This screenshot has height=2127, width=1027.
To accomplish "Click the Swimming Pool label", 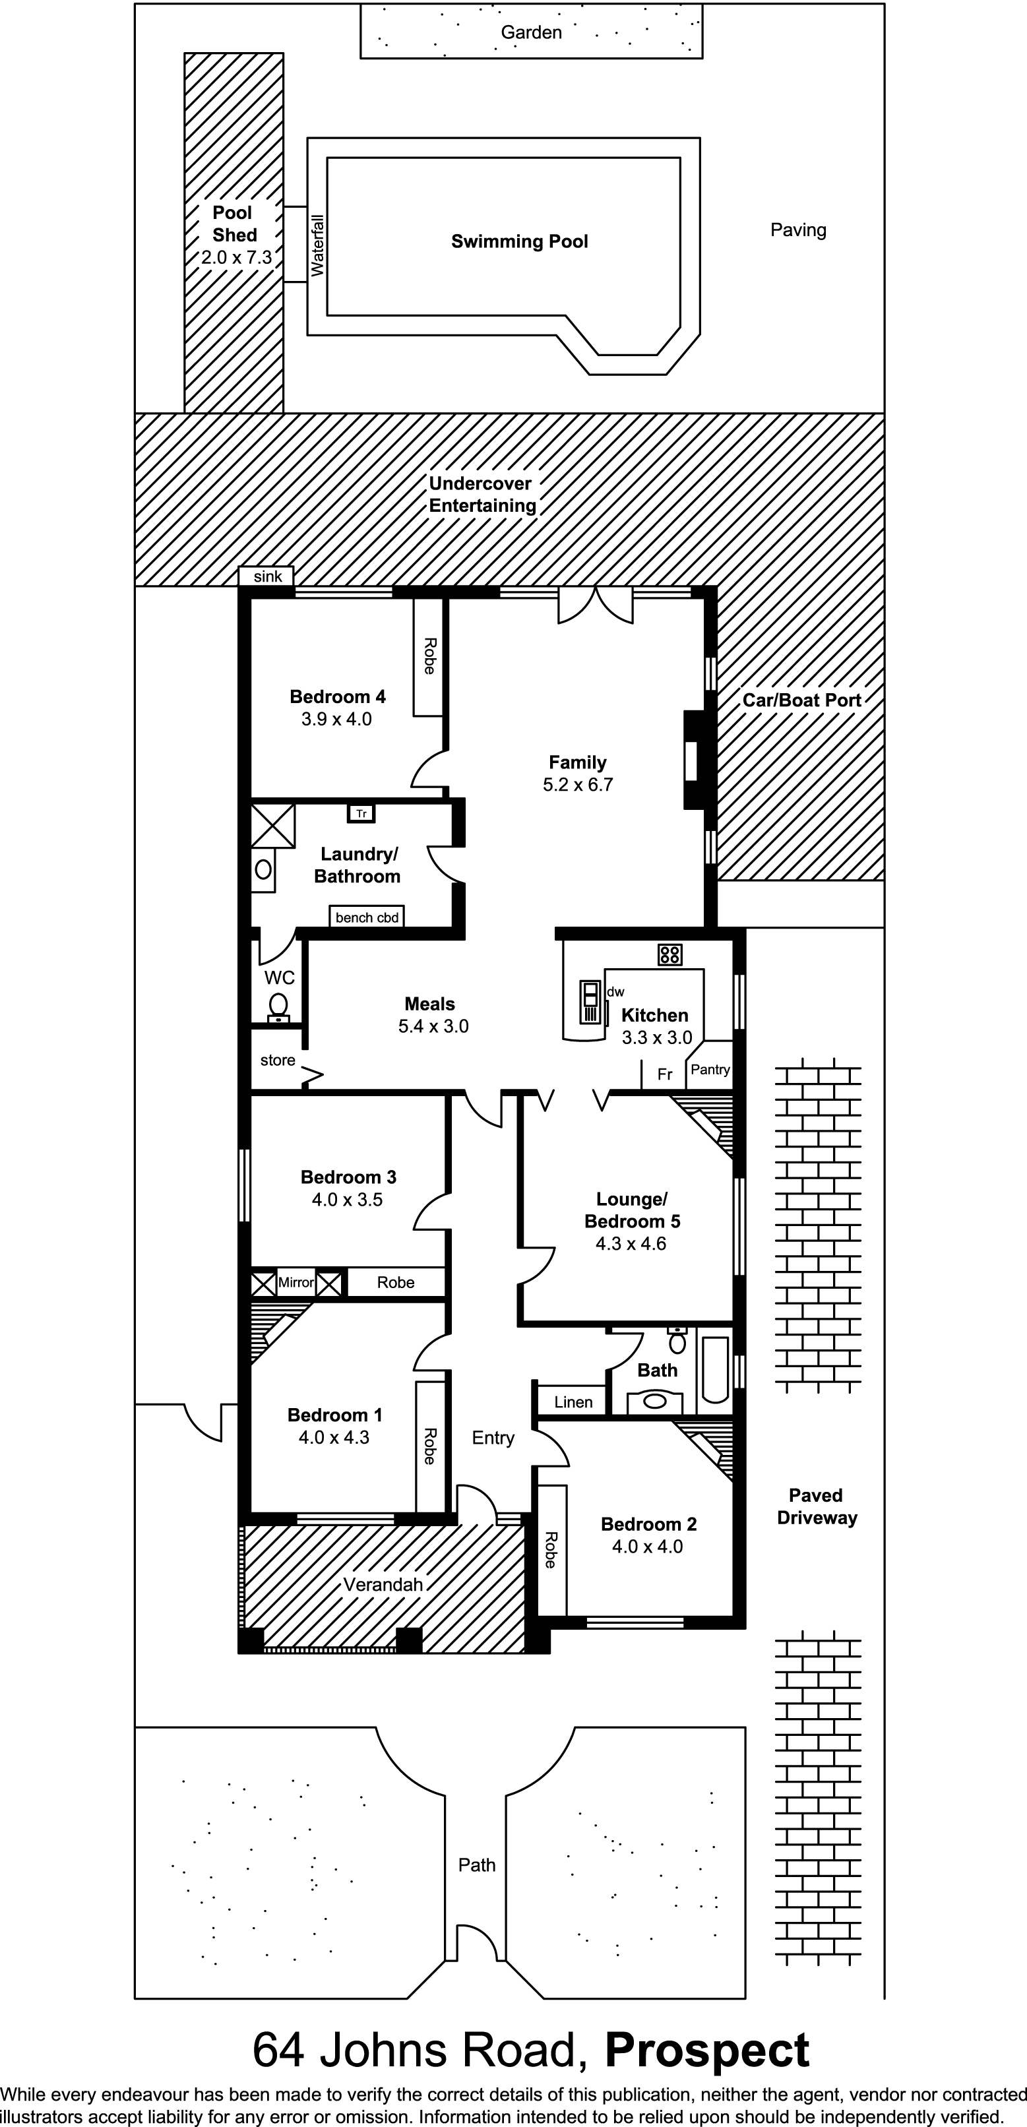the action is point(519,242).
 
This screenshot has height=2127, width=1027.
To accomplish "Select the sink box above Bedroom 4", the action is point(266,576).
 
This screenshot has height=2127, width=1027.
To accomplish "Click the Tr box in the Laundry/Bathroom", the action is point(361,813).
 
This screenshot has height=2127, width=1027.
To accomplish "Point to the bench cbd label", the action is point(367,917).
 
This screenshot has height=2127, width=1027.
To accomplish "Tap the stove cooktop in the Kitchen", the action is point(669,955).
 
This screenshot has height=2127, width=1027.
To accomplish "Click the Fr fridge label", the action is point(665,1074).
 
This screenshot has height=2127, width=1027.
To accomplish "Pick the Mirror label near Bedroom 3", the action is point(296,1282).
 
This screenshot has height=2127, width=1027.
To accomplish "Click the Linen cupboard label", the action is point(573,1402).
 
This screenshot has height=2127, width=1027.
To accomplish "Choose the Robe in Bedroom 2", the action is point(551,1550).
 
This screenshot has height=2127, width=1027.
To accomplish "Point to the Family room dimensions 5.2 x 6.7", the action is point(578,784).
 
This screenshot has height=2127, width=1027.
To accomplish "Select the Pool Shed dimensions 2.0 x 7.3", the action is point(236,258).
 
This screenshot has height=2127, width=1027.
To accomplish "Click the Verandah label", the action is point(383,1584).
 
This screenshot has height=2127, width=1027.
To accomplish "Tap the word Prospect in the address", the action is point(708,2050).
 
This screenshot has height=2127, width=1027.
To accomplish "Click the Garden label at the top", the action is point(531,32).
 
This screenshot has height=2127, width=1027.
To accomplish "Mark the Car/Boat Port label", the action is point(801,700).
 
